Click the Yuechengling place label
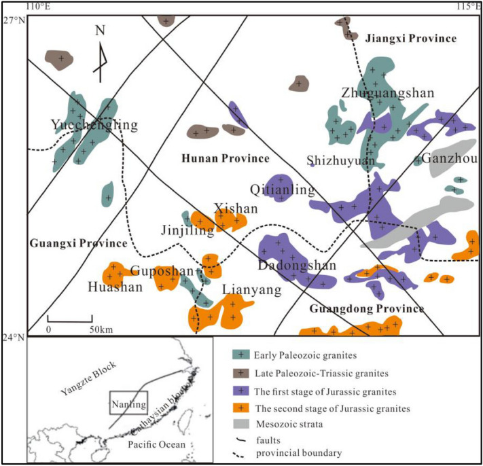click(x=94, y=125)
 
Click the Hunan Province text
click(x=226, y=158)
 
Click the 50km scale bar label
click(x=101, y=330)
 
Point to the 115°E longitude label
click(x=469, y=6)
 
